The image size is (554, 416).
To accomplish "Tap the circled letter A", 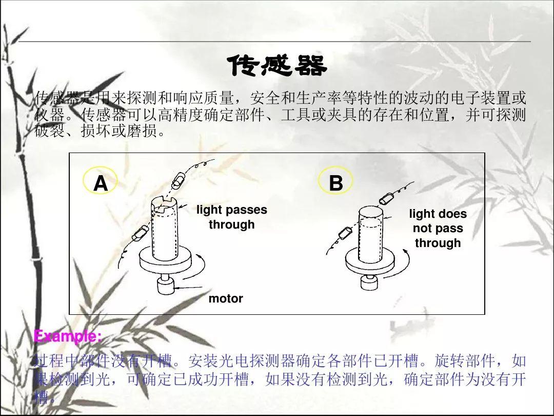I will click(x=101, y=183).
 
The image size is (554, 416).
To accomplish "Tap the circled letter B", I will click(x=335, y=183).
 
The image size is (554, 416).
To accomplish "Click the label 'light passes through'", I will click(x=232, y=217).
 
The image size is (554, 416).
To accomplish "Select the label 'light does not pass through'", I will click(x=438, y=228).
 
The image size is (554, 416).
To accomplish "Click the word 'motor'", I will click(x=226, y=298).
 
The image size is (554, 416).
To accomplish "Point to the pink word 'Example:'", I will click(x=68, y=337).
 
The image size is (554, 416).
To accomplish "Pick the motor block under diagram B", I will click(x=369, y=282).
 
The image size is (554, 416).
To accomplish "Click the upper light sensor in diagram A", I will click(x=180, y=179).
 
